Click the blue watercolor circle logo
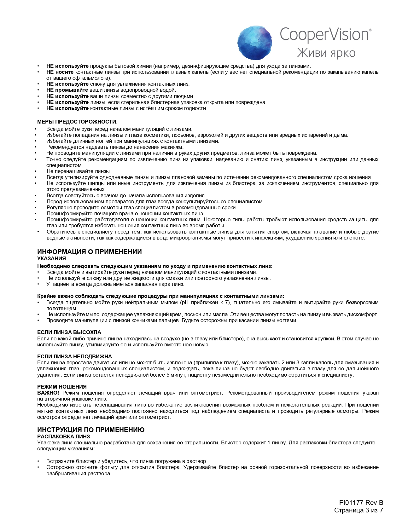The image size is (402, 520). (254, 43)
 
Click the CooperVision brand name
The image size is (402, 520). (325, 34)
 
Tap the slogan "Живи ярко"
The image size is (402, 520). (326, 53)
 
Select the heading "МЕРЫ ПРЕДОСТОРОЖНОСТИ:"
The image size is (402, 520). (77, 122)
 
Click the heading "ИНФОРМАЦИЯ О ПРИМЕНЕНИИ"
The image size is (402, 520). (89, 252)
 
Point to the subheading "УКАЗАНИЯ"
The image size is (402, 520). (51, 258)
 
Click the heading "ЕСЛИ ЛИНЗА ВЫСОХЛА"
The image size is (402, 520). (69, 332)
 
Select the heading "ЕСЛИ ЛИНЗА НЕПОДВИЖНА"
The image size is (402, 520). (74, 356)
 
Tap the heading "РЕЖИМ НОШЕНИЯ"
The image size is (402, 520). (62, 387)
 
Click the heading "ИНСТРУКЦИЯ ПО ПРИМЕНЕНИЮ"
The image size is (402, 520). (91, 430)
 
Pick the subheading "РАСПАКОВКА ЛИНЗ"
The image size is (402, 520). (63, 436)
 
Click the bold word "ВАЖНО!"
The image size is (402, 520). (48, 393)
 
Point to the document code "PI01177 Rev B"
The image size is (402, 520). (361, 503)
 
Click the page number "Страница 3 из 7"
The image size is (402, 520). (358, 510)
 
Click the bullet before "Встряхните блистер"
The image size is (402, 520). (38, 461)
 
